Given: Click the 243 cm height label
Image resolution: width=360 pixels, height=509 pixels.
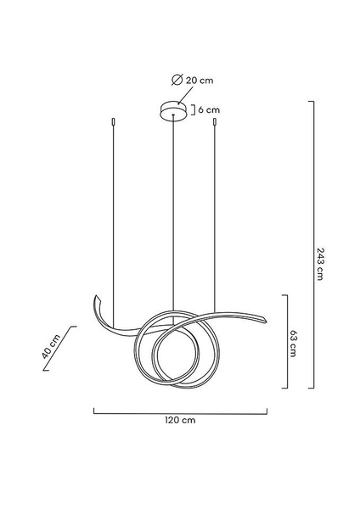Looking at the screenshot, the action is (x=320, y=264).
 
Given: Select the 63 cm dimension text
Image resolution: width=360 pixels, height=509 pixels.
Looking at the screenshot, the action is (x=293, y=344).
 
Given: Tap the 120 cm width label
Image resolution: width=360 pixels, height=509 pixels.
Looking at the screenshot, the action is (x=180, y=420).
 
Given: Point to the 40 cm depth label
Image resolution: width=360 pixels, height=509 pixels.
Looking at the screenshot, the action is (x=51, y=346).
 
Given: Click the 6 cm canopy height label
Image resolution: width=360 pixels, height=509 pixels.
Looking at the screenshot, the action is (x=209, y=109).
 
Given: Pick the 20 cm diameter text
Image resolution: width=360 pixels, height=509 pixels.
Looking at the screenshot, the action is (x=200, y=80).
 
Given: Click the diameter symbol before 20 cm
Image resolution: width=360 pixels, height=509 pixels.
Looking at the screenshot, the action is (x=177, y=80).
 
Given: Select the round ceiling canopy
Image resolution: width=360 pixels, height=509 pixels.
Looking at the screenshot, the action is (x=174, y=110).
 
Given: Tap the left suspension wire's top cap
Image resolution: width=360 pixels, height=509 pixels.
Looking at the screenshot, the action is (x=113, y=121).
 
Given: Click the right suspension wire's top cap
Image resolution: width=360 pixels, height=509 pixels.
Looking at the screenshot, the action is (x=215, y=121).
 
